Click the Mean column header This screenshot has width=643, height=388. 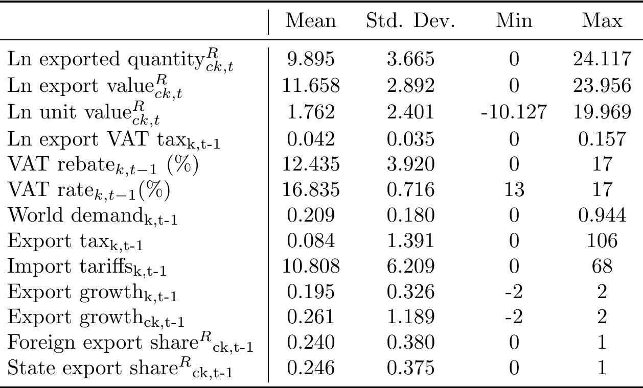tap(311, 21)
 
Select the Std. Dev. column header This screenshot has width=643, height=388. tap(410, 21)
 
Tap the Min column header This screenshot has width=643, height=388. tap(514, 21)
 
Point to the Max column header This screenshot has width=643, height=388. tap(603, 21)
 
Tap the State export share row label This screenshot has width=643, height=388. tap(120, 369)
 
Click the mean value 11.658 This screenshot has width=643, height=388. tap(311, 86)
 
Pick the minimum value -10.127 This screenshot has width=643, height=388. tap(514, 112)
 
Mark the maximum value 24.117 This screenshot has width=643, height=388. tap(603, 60)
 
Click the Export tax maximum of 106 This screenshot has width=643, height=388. tap(603, 241)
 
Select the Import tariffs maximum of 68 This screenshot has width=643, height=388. tap(603, 266)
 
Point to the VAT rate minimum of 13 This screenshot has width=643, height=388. tap(514, 189)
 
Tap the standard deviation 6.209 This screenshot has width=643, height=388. tap(410, 266)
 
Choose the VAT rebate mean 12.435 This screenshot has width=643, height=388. tap(311, 163)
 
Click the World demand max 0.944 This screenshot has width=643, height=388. tap(603, 215)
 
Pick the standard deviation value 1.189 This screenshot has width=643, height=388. tap(410, 318)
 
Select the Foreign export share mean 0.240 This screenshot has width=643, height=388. tap(311, 343)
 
